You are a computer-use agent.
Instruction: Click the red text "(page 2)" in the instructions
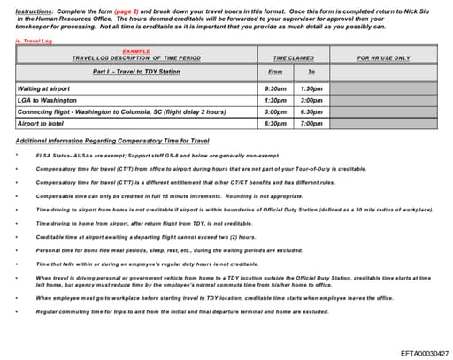[131, 9]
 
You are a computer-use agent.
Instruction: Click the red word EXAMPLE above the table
[136, 50]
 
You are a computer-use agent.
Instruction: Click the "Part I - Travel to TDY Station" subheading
[136, 71]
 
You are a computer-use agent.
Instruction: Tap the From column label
[275, 71]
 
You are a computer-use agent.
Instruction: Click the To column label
[311, 71]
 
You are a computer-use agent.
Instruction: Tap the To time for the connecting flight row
[311, 112]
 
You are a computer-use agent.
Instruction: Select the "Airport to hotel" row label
[43, 124]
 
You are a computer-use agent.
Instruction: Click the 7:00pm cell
[311, 124]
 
